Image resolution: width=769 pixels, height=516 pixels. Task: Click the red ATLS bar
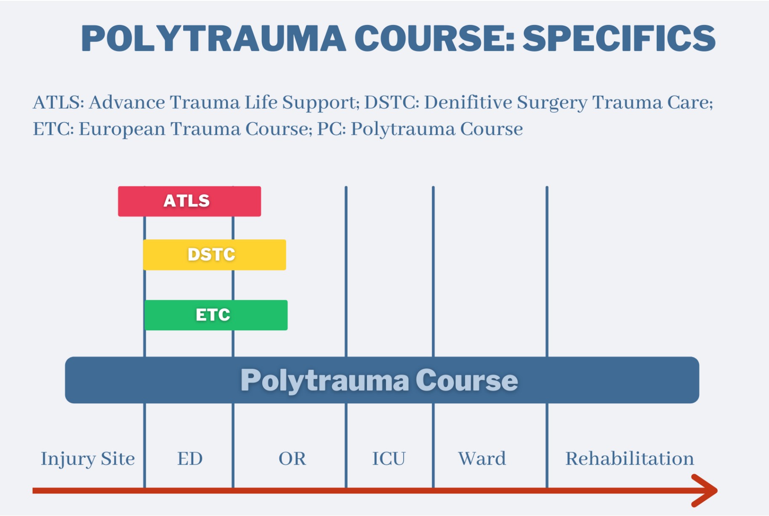[x=189, y=201]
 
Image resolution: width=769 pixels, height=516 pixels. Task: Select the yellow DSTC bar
[x=215, y=255]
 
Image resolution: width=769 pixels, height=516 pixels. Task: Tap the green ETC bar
[x=216, y=315]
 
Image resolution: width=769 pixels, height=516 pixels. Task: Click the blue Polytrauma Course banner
[x=382, y=380]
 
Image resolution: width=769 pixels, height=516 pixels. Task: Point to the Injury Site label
[x=88, y=459]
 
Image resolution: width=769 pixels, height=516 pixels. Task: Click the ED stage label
[x=190, y=459]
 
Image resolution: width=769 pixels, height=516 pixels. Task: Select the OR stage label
[x=293, y=459]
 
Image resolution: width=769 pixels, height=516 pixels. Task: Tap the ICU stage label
[x=389, y=459]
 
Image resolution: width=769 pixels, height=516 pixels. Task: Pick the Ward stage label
[x=482, y=459]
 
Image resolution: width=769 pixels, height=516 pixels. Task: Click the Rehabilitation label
[x=630, y=458]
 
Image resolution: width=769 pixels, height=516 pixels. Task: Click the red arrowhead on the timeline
[x=705, y=490]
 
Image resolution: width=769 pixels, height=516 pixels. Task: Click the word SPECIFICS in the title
[x=619, y=38]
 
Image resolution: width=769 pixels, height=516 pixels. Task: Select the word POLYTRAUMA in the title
[x=213, y=38]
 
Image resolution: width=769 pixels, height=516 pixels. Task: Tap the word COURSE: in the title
[x=435, y=38]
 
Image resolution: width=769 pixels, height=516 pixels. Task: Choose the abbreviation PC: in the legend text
[x=332, y=129]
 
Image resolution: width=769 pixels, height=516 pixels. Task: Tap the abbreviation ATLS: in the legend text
[x=59, y=102]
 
